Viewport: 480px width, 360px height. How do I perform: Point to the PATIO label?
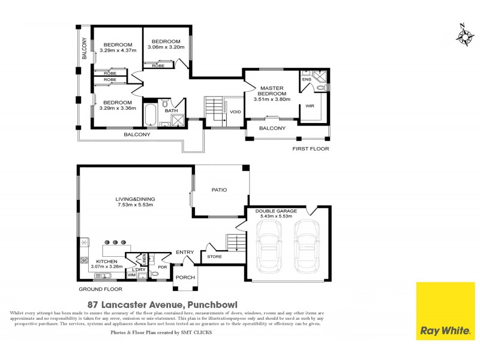click(x=219, y=190)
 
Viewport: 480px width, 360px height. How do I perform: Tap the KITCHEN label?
click(x=106, y=264)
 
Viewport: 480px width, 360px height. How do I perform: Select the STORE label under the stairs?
click(x=214, y=257)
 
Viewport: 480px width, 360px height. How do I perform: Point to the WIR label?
click(x=310, y=106)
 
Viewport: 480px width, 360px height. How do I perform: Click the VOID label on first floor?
click(x=235, y=112)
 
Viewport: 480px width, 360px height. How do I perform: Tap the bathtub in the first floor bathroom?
click(x=151, y=115)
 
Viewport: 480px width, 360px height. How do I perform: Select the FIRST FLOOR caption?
click(x=310, y=149)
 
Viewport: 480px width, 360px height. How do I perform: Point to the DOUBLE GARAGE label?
click(x=274, y=211)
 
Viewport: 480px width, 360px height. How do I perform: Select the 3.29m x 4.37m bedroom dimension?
click(x=117, y=50)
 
